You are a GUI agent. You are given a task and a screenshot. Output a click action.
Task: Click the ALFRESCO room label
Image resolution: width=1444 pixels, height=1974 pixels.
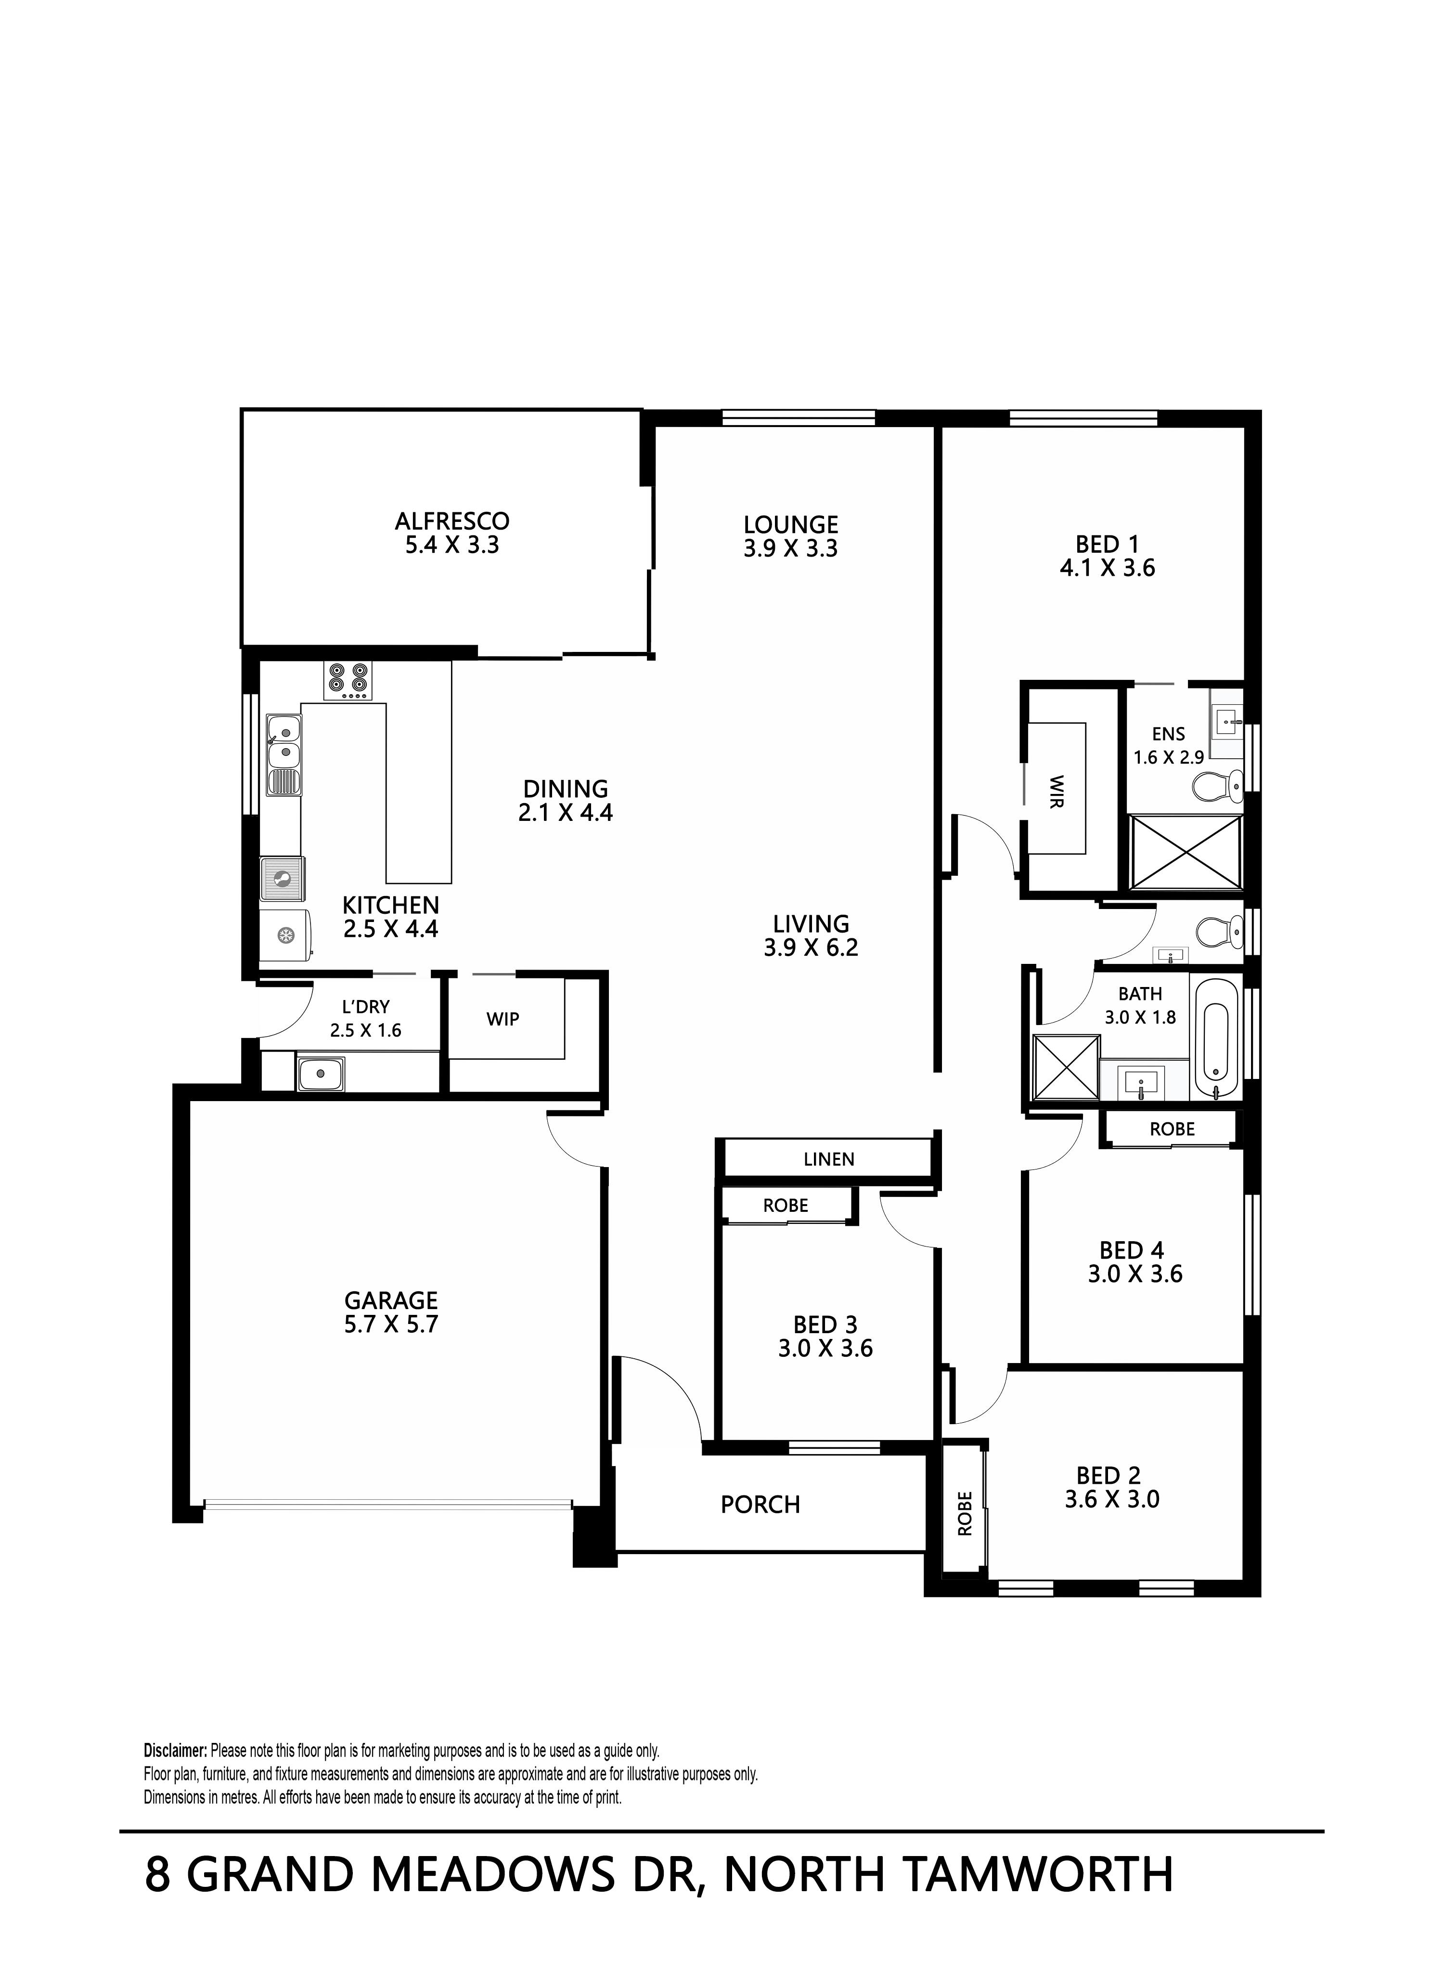pyautogui.click(x=452, y=521)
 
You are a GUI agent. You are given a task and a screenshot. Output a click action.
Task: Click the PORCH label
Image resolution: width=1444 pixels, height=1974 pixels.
pyautogui.click(x=761, y=1505)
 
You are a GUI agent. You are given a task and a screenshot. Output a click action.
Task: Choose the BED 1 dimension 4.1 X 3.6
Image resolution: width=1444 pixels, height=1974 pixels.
pyautogui.click(x=1108, y=568)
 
